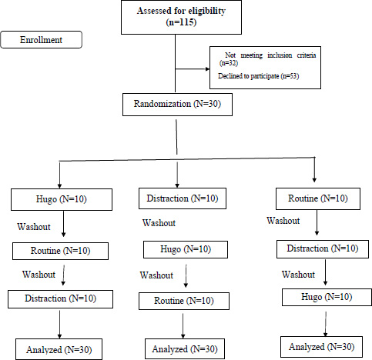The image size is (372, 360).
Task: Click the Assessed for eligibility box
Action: click(181, 17)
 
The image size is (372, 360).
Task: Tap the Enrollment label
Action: click(41, 40)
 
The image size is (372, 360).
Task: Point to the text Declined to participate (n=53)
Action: click(259, 76)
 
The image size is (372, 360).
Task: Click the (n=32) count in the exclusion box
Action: click(229, 63)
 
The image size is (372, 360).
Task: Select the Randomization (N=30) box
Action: click(177, 105)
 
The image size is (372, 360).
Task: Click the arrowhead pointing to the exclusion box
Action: click(208, 69)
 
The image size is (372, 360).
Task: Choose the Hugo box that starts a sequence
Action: click(62, 199)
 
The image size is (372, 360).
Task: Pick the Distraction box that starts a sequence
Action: click(183, 198)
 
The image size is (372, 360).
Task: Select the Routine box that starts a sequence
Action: click(318, 198)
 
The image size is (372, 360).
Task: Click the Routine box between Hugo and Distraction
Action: click(60, 251)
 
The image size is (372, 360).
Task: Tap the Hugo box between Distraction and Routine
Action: click(186, 249)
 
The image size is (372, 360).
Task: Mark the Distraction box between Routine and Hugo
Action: click(323, 248)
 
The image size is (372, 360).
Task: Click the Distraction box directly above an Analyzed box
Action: click(60, 299)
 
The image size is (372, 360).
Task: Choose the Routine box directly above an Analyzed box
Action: click(184, 301)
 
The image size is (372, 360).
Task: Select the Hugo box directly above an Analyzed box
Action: click(327, 297)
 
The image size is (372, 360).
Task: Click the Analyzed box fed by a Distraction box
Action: click(59, 349)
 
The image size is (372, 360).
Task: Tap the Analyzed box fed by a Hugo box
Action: click(321, 347)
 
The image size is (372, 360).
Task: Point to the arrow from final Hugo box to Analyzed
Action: click(326, 324)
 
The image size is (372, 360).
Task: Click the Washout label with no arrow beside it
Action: click(159, 223)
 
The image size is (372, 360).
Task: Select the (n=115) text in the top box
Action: click(181, 22)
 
